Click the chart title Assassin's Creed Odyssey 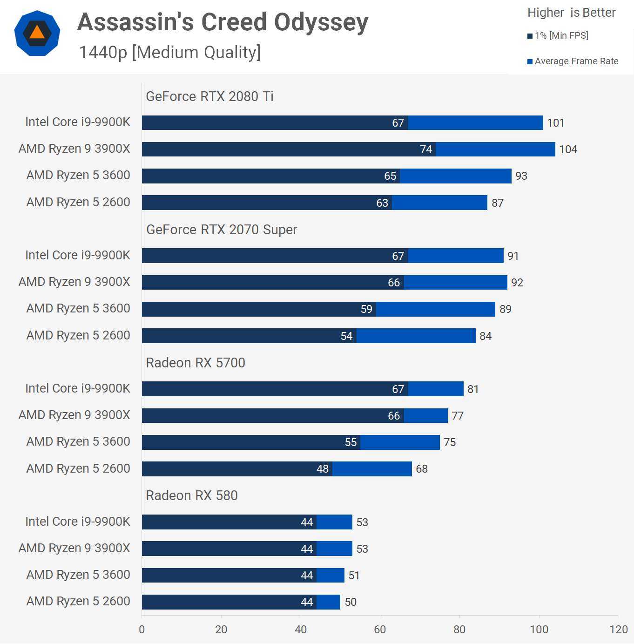point(223,22)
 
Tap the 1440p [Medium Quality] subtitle point(169,53)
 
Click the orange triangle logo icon point(37,33)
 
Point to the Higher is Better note point(571,13)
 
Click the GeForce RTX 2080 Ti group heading point(209,96)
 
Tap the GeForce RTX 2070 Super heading point(222,230)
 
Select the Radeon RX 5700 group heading point(196,363)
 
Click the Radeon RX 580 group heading point(192,495)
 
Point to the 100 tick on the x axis point(539,630)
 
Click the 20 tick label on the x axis point(221,630)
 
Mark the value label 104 point(568,149)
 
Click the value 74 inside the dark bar point(426,149)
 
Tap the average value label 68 point(422,469)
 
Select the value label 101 point(555,123)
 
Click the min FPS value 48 point(323,469)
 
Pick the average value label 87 point(498,203)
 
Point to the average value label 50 point(351,602)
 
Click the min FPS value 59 point(366,309)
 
